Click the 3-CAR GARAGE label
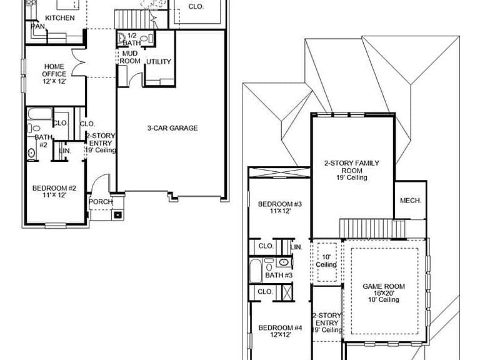pos(172,128)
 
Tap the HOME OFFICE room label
pos(54,70)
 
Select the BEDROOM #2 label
pos(54,188)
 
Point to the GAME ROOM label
pos(384,286)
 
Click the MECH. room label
pos(411,201)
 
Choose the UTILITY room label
pos(159,61)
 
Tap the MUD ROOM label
pos(130,57)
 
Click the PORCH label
pos(101,202)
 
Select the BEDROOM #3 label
pos(280,204)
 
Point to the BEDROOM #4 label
pos(280,327)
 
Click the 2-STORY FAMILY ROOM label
pos(352,166)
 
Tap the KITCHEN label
pos(60,17)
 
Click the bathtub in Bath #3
pos(256,271)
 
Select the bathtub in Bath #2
pos(40,114)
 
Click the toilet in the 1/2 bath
pos(122,38)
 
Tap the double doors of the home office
pos(79,62)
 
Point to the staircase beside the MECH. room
pos(372,228)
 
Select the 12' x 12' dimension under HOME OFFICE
pos(54,81)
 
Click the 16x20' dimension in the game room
pos(384,293)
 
